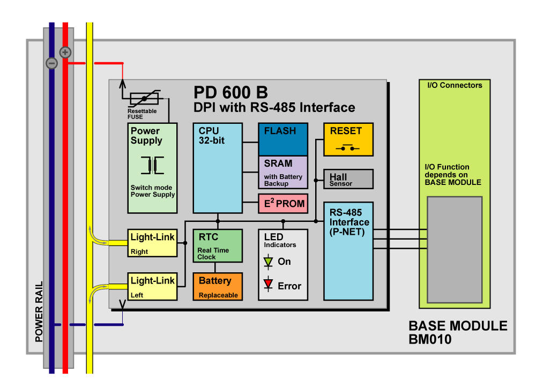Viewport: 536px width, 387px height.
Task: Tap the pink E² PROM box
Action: click(283, 204)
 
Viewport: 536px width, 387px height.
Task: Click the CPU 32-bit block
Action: click(217, 168)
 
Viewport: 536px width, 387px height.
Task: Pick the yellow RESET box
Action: click(348, 139)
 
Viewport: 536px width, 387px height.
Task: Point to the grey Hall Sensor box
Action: click(348, 179)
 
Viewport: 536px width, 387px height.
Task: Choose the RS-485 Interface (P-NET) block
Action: click(348, 251)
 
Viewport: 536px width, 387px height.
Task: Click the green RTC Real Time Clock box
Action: click(217, 245)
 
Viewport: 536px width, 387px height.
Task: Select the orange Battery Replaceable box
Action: click(217, 286)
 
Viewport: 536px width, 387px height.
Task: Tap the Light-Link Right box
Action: click(152, 243)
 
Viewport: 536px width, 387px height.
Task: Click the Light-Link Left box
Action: click(152, 286)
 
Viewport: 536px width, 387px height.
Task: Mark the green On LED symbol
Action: click(269, 262)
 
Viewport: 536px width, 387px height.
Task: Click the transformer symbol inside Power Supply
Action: click(152, 165)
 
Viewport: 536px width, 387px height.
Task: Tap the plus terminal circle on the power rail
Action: click(65, 52)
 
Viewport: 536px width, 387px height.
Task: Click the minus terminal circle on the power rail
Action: click(51, 63)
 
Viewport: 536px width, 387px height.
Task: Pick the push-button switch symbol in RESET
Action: click(347, 147)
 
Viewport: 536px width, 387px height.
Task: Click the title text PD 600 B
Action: click(230, 92)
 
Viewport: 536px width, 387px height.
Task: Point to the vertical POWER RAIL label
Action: click(39, 311)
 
